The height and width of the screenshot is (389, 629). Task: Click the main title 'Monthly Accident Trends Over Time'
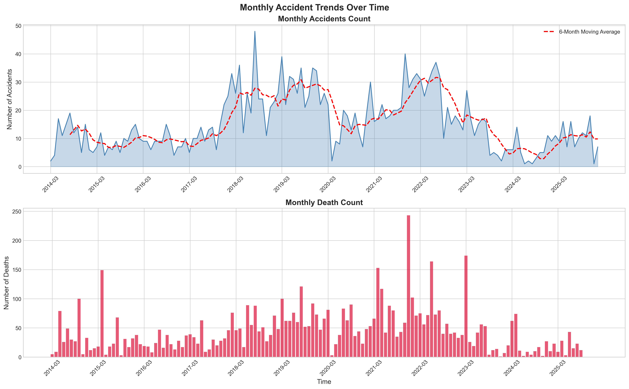[x=314, y=8]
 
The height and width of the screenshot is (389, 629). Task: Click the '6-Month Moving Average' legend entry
[x=589, y=32]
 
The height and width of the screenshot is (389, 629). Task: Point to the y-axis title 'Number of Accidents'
[x=9, y=99]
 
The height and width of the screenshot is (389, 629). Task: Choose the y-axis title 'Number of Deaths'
[x=6, y=283]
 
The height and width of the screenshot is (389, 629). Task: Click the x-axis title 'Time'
[x=324, y=381]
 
